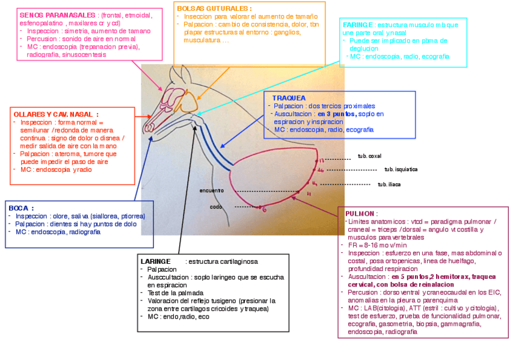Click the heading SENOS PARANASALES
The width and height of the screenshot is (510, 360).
click(58, 14)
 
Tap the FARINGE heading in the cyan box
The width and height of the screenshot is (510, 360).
click(358, 25)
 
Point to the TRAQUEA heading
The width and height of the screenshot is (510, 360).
click(289, 97)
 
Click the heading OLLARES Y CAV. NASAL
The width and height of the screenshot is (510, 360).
click(55, 114)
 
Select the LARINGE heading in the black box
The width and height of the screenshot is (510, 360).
click(155, 261)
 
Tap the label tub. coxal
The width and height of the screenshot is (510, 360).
click(369, 156)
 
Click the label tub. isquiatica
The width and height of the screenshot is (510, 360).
click(401, 169)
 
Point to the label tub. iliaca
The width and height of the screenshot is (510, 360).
click(389, 185)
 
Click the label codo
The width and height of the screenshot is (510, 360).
click(215, 207)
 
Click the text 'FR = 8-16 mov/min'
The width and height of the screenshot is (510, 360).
click(377, 245)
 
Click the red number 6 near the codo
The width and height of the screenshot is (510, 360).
click(264, 209)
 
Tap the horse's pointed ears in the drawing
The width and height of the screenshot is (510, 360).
click(180, 74)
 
